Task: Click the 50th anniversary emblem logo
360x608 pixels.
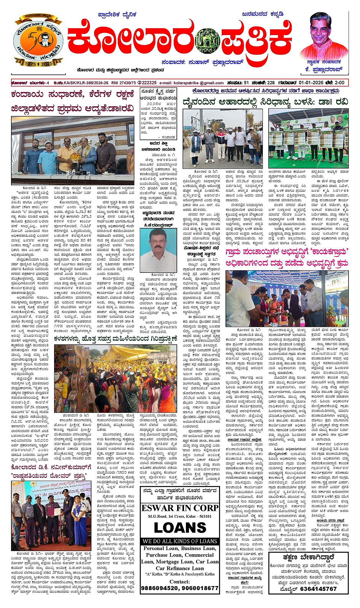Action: (x=38, y=41)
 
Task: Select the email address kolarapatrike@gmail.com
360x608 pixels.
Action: (x=202, y=83)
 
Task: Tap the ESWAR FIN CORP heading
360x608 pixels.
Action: (x=180, y=508)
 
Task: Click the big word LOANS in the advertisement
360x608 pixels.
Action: (x=180, y=528)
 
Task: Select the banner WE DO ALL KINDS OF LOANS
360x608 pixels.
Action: (x=180, y=541)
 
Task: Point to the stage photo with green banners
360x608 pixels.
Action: (x=308, y=135)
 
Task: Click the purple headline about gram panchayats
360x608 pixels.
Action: (x=286, y=258)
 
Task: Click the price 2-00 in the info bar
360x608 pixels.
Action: (x=339, y=83)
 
